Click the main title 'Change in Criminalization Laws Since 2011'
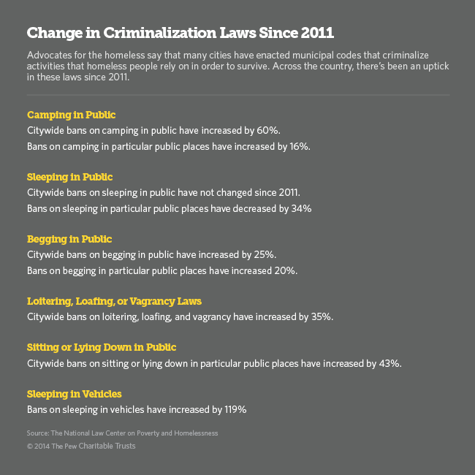[180, 34]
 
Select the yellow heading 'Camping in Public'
[71, 115]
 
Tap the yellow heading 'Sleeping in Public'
[69, 177]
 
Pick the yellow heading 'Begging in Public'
[69, 239]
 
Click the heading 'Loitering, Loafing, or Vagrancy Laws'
[114, 301]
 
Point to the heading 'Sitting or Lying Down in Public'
[102, 347]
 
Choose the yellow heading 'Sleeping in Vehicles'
[74, 394]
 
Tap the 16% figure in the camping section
[299, 146]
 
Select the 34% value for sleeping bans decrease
[302, 208]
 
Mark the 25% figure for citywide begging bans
[265, 255]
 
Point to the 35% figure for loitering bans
[322, 317]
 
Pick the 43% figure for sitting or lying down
[389, 363]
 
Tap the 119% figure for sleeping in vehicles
[234, 410]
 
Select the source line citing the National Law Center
[122, 433]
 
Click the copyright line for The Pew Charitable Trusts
[81, 446]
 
